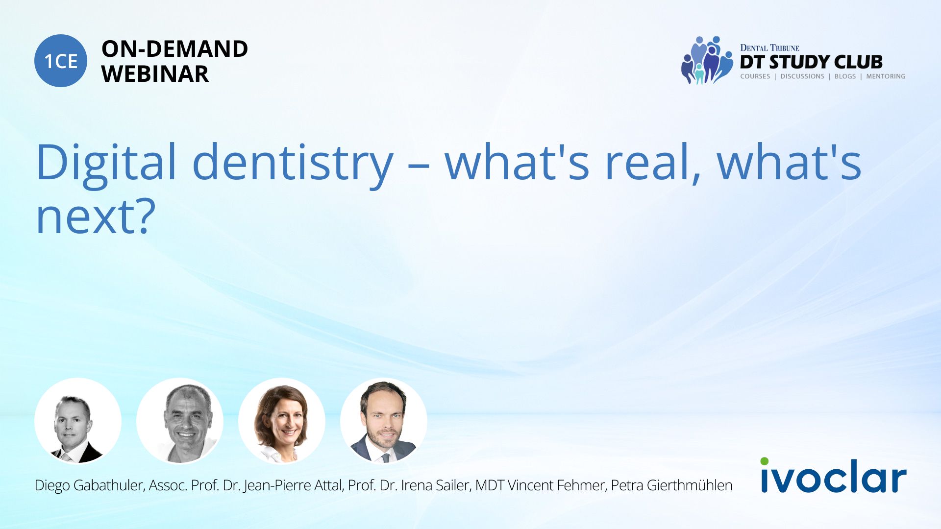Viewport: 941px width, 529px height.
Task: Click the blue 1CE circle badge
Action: (x=61, y=61)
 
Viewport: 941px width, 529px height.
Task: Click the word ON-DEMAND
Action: (x=174, y=49)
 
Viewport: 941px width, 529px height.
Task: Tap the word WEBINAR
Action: (x=155, y=74)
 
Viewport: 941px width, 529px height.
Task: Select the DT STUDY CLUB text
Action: (x=811, y=62)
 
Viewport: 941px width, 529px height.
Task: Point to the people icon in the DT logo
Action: (x=706, y=60)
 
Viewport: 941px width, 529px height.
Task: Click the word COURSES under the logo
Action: (x=755, y=76)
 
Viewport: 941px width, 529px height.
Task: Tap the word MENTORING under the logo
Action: (x=886, y=76)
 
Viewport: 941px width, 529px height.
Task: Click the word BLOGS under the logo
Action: (x=845, y=76)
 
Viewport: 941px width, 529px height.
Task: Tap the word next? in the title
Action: (x=96, y=216)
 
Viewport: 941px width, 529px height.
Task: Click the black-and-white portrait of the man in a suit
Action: (x=78, y=421)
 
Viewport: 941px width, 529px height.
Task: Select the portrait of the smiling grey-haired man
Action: (x=180, y=421)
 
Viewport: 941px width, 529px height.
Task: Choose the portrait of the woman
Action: (x=282, y=421)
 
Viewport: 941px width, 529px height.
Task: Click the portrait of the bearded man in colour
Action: (x=384, y=421)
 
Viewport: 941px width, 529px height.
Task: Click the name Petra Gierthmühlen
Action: (x=671, y=485)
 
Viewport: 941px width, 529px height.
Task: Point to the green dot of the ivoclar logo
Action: (x=765, y=461)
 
